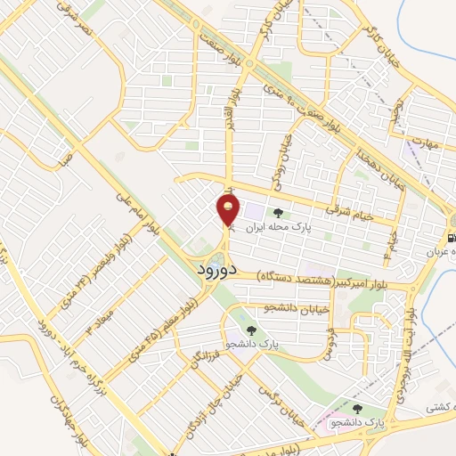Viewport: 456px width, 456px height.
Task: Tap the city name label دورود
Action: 215,267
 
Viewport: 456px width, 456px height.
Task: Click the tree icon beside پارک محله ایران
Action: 280,213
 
